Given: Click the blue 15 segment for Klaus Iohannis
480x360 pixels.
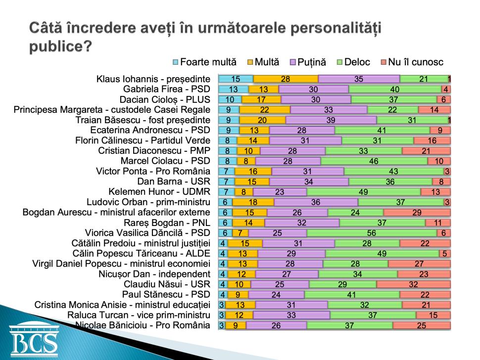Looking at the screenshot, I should (x=236, y=79).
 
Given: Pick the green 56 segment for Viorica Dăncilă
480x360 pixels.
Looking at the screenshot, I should (x=371, y=233).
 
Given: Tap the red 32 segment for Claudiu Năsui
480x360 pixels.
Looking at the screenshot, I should (x=413, y=284).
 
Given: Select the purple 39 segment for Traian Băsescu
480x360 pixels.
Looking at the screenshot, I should (x=331, y=120).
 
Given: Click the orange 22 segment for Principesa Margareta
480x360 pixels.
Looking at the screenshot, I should (x=265, y=110).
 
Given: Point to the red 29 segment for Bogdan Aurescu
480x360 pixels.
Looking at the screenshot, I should (x=417, y=213).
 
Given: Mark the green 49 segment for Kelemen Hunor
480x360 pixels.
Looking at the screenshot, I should (x=364, y=192).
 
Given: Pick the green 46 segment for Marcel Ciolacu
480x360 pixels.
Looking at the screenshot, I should (x=374, y=161).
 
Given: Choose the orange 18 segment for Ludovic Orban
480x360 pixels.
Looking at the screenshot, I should (x=253, y=202).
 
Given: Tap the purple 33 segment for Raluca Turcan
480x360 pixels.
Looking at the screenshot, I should (x=292, y=315).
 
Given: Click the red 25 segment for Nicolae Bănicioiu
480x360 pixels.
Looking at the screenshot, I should (x=421, y=325).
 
